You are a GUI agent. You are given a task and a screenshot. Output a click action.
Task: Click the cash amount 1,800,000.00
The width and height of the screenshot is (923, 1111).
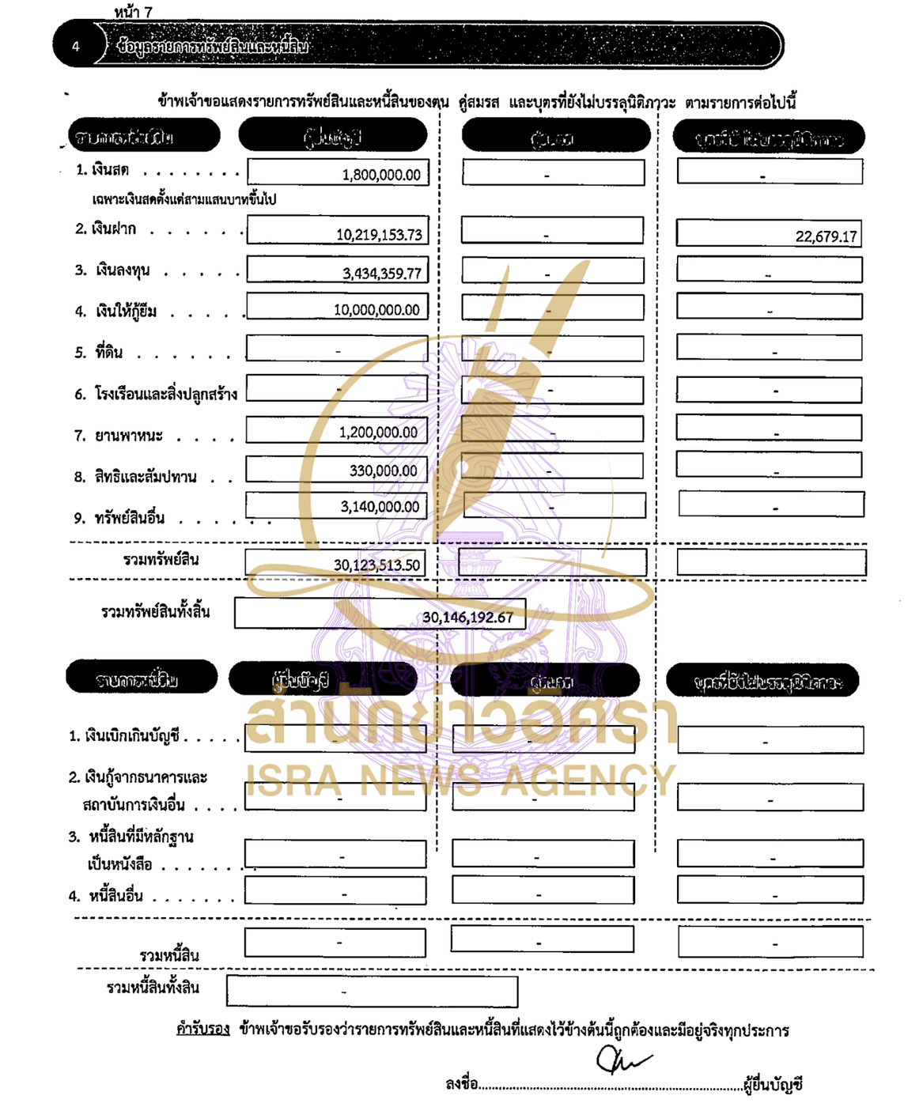[381, 175]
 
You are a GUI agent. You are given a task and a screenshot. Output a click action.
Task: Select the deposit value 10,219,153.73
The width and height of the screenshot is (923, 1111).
[379, 235]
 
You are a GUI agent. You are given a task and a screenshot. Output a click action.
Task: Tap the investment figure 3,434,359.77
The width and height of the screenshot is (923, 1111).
[382, 274]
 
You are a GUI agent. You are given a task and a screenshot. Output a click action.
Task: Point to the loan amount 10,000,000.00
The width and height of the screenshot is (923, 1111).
[376, 310]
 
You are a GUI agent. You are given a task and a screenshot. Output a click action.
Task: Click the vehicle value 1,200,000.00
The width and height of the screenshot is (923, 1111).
[378, 433]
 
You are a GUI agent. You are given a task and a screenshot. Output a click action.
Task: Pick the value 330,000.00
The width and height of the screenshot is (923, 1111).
[383, 470]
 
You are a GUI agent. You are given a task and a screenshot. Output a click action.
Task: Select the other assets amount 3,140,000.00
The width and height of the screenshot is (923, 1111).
[380, 507]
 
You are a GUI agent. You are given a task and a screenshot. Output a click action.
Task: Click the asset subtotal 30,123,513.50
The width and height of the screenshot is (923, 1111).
[376, 565]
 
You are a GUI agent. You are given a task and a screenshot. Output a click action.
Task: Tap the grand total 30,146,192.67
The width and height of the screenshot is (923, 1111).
[467, 617]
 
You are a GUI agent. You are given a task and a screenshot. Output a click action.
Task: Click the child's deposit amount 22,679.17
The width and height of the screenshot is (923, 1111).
[826, 236]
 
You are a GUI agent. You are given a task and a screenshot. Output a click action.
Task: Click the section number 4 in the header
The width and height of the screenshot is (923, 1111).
[76, 46]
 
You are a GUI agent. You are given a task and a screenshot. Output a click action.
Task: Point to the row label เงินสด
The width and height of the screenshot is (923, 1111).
[110, 170]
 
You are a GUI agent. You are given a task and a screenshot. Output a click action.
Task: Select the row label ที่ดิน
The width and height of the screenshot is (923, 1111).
[109, 353]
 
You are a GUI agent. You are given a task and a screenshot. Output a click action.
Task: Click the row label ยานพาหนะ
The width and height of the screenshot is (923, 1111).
[129, 436]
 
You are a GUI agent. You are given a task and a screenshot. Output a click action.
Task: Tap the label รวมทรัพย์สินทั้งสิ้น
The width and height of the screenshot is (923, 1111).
[156, 611]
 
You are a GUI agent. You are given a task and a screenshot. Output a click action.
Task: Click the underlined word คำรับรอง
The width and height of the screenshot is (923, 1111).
[202, 1030]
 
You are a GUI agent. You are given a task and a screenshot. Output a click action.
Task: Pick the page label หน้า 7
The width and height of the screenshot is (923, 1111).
[133, 11]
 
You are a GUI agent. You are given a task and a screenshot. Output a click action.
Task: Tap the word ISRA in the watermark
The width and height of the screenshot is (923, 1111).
[294, 780]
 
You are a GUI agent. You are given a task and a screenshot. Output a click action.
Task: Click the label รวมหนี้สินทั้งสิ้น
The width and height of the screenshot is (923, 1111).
[153, 988]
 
